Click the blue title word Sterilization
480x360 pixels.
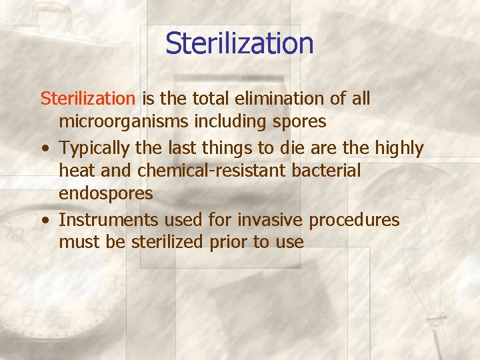(239, 44)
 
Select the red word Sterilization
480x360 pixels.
(87, 99)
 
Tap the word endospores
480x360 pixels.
(106, 194)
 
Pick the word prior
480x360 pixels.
(227, 242)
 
